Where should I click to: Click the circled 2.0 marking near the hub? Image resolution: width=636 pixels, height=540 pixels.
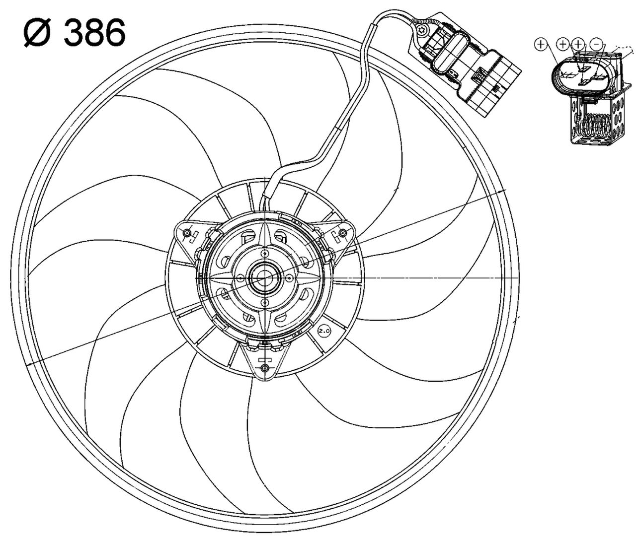tap(324, 331)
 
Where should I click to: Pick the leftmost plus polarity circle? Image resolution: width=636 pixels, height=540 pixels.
tap(541, 44)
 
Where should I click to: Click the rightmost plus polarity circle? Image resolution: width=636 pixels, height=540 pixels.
tap(578, 44)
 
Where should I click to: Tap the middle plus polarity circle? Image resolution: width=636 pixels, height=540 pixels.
tap(562, 44)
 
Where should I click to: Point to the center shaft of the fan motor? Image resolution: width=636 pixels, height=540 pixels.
tap(264, 278)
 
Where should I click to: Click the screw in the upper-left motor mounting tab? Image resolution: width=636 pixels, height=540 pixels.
tap(187, 234)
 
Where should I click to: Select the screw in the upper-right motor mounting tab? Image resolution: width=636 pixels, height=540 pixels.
tap(342, 233)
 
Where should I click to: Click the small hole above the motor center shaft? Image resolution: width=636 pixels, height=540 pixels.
tap(265, 254)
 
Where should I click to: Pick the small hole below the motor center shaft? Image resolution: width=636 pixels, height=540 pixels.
tap(265, 302)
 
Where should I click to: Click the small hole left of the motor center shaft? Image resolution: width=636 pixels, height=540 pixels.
tap(240, 278)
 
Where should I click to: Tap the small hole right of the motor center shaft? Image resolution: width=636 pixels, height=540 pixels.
tap(289, 278)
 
